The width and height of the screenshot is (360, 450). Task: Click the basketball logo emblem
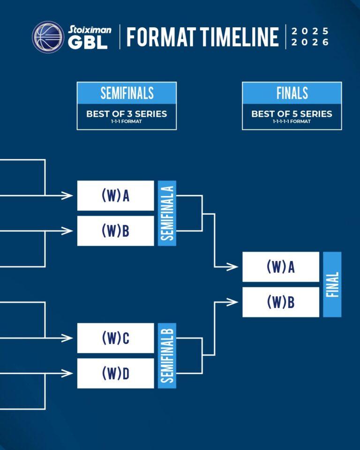pyautogui.click(x=48, y=37)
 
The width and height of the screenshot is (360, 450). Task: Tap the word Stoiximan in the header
pyautogui.click(x=90, y=30)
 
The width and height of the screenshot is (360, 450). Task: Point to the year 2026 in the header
pyautogui.click(x=310, y=42)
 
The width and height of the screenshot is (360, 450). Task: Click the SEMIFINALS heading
pyautogui.click(x=127, y=93)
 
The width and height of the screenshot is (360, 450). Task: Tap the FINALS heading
pyautogui.click(x=292, y=93)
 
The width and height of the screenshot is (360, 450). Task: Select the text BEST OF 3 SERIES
pyautogui.click(x=127, y=113)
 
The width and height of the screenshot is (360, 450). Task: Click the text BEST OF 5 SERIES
pyautogui.click(x=292, y=113)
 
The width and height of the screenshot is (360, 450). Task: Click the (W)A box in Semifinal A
pyautogui.click(x=115, y=195)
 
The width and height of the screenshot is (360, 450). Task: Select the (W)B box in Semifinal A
pyautogui.click(x=115, y=231)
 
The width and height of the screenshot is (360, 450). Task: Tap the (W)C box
pyautogui.click(x=115, y=338)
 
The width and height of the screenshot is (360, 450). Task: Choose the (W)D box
pyautogui.click(x=115, y=373)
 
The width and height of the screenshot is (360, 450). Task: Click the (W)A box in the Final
pyautogui.click(x=281, y=267)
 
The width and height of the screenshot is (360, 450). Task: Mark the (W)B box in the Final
pyautogui.click(x=281, y=302)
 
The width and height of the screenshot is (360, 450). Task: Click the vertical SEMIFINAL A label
pyautogui.click(x=167, y=213)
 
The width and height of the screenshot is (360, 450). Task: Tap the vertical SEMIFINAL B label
pyautogui.click(x=167, y=356)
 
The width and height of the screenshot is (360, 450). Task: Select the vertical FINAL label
pyautogui.click(x=332, y=285)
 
